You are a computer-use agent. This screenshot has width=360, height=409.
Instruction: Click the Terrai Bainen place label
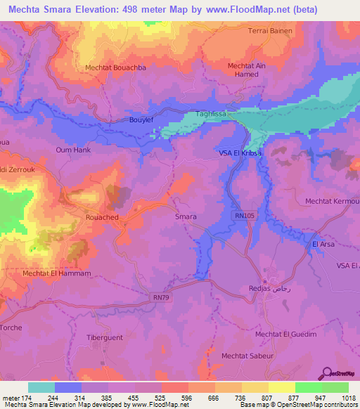coord(270,31)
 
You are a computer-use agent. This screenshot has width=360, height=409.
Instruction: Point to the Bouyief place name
coord(142,120)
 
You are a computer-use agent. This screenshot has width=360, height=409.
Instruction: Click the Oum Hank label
coord(73,150)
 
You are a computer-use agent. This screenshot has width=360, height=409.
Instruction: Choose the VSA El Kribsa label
coord(239,152)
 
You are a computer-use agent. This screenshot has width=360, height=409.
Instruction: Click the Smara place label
coord(185,217)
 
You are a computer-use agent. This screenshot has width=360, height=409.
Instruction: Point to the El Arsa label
coord(323,244)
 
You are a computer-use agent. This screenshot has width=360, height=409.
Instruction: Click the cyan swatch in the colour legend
coord(41,387)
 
